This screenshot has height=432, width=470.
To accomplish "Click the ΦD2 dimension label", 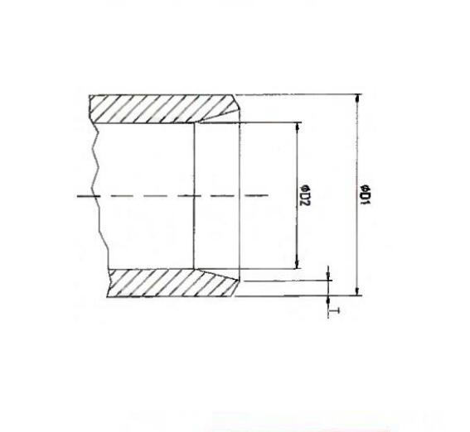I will point(303,195).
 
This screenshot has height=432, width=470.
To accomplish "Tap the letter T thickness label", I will point(328,311).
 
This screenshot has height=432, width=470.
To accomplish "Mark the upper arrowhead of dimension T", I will point(328,275).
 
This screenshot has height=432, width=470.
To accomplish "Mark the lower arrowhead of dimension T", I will point(328,300).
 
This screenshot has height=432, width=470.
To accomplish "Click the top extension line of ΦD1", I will point(298,94).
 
